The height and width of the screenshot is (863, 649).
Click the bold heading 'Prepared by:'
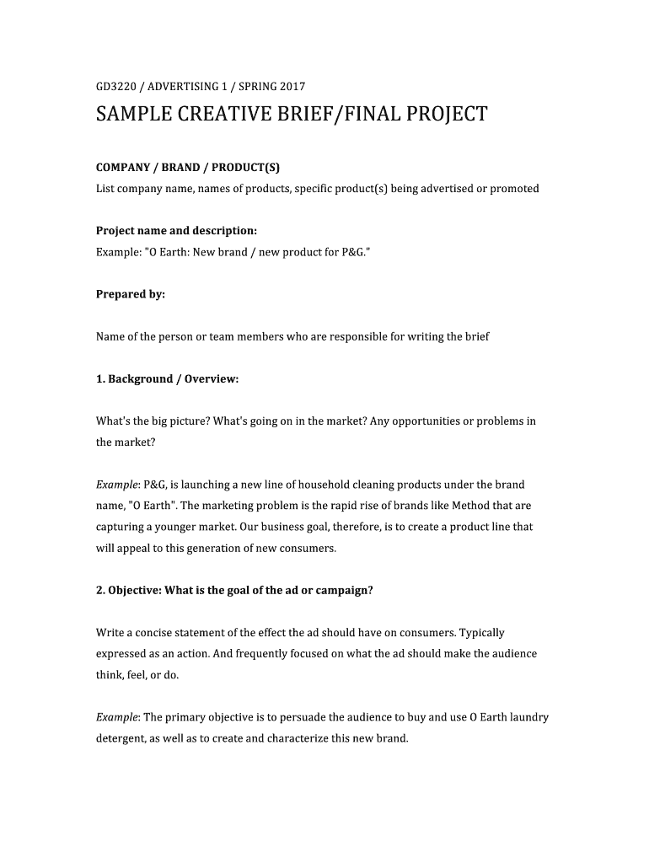pyautogui.click(x=131, y=294)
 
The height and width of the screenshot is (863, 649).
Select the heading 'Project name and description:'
pyautogui.click(x=176, y=231)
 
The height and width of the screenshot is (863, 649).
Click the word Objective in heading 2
pyautogui.click(x=134, y=590)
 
